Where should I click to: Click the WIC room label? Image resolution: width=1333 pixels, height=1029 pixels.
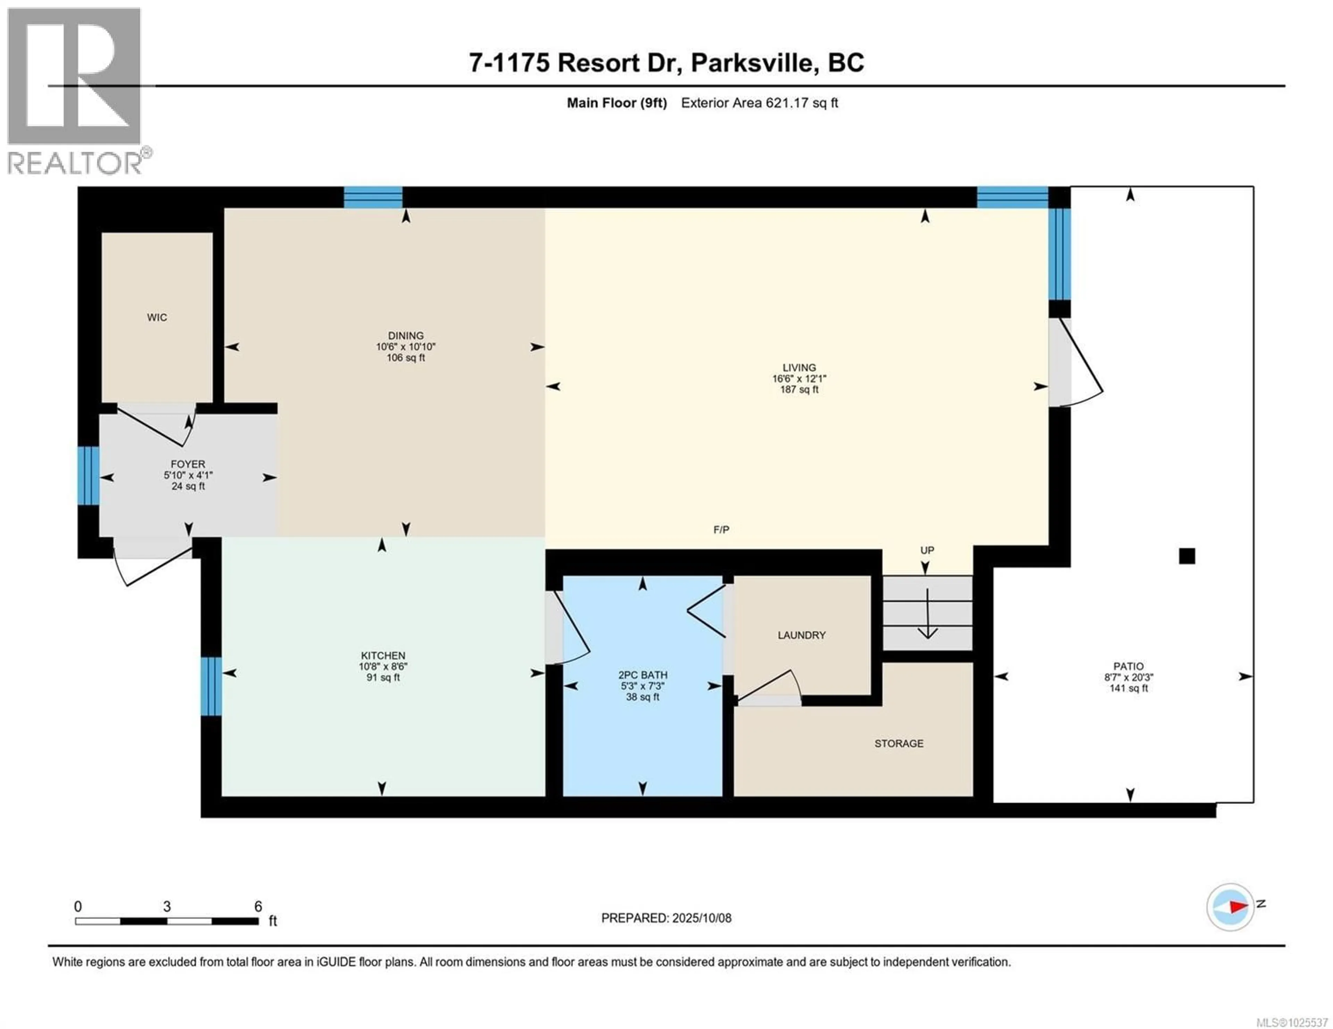tap(157, 317)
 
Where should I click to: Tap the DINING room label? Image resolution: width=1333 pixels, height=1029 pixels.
tap(406, 335)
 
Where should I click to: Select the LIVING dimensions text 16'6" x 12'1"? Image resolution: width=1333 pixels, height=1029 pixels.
tap(799, 378)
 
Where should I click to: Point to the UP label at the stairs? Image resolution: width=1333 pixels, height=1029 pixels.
tap(927, 550)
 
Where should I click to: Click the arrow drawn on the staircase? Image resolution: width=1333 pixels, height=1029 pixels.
tap(928, 614)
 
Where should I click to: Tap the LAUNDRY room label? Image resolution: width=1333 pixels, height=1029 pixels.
tap(802, 635)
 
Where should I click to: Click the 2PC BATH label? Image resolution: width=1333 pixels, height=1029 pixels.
tap(643, 675)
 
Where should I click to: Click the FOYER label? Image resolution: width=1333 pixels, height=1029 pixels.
tap(188, 464)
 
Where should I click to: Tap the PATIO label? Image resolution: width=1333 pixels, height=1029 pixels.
tap(1128, 666)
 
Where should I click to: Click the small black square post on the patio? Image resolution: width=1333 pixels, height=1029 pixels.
tap(1187, 556)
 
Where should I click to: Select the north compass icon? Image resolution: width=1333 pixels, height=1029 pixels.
tap(1230, 907)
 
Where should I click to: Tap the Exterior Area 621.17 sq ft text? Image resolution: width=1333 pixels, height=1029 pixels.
tap(759, 103)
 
